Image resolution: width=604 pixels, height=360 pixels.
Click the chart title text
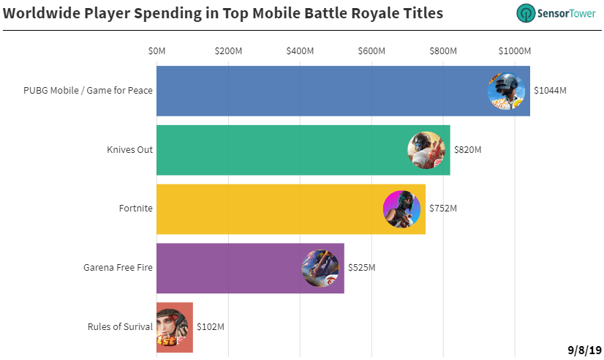pyautogui.click(x=223, y=13)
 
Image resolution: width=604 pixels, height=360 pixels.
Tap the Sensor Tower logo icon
pyautogui.click(x=526, y=13)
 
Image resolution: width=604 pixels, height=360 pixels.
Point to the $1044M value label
pyautogui.click(x=550, y=91)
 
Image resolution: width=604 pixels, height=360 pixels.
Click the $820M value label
pyautogui.click(x=468, y=149)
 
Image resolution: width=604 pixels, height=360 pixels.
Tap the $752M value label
pyautogui.click(x=443, y=209)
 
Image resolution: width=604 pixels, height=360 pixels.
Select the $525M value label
pyautogui.click(x=362, y=268)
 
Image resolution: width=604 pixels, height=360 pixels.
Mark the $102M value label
pyautogui.click(x=211, y=327)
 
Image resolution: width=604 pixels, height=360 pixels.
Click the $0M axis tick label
pyautogui.click(x=156, y=51)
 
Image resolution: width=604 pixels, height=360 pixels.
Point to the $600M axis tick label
pyautogui.click(x=371, y=51)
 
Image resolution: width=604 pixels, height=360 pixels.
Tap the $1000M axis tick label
pyautogui.click(x=515, y=51)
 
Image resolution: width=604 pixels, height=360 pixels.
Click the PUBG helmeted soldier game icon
pyautogui.click(x=506, y=91)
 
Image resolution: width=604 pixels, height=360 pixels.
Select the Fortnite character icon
pyautogui.click(x=401, y=209)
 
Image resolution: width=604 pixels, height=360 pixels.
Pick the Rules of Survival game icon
pyautogui.click(x=172, y=327)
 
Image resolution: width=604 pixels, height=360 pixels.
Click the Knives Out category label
pyautogui.click(x=130, y=149)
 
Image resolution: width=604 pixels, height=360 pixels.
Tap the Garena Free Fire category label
pyautogui.click(x=118, y=268)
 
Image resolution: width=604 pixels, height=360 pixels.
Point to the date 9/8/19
pyautogui.click(x=584, y=350)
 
